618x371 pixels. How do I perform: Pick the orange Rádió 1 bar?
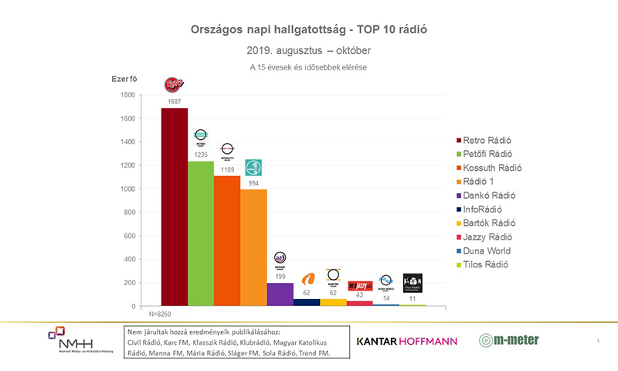[253, 247]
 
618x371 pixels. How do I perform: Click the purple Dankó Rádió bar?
[280, 294]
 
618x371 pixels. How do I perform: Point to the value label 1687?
[174, 101]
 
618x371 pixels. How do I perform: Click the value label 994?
[253, 182]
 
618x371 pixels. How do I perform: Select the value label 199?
[280, 276]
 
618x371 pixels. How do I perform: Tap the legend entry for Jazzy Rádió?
[485, 237]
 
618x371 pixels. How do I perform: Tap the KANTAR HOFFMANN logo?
[406, 340]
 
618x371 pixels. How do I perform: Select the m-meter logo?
[508, 339]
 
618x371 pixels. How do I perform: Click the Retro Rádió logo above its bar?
[174, 85]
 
